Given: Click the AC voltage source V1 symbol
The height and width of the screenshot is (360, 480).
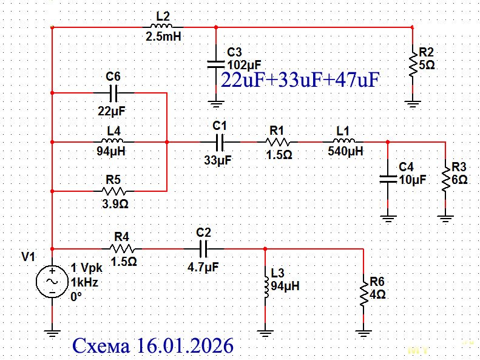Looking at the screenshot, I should [52, 282].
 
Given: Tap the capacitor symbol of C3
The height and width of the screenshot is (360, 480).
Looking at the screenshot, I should [215, 63].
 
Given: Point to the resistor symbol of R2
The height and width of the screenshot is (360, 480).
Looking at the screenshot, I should [413, 64].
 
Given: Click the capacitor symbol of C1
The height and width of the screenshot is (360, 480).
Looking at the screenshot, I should [221, 141].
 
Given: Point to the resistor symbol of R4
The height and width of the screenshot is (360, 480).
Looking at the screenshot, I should [124, 248].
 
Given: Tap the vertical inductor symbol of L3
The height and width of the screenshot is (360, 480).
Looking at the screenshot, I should [266, 285].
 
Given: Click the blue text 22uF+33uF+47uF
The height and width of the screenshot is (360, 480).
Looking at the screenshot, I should [300, 81].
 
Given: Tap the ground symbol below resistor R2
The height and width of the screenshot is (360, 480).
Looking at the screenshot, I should [413, 103].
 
